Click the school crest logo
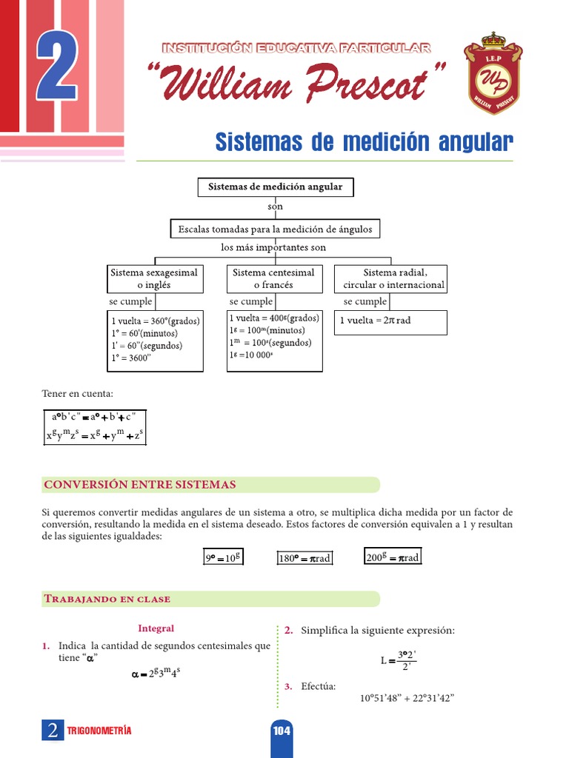[493, 73]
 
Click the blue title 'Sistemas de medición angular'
[363, 141]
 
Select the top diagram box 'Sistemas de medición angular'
[276, 187]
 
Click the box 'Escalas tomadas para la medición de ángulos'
[275, 229]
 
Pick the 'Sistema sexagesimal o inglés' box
[154, 278]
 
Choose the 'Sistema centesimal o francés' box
[273, 278]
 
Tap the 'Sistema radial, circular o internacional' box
[390, 278]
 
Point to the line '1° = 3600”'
[131, 358]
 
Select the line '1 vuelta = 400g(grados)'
[274, 318]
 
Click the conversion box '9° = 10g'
[224, 558]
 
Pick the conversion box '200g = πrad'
[393, 557]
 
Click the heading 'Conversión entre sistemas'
[140, 485]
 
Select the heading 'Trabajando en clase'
[107, 599]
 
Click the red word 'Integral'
[156, 628]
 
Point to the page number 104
[282, 731]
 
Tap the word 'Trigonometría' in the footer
[99, 731]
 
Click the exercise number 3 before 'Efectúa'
[288, 686]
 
